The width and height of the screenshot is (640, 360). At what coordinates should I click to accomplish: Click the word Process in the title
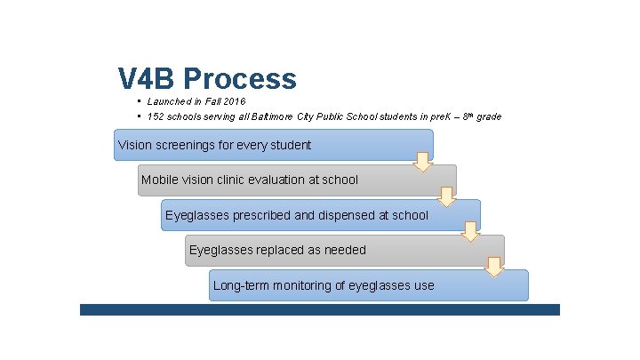tap(241, 79)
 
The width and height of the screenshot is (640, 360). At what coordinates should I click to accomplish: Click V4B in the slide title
tap(147, 79)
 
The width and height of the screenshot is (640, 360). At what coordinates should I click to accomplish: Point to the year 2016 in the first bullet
tap(234, 102)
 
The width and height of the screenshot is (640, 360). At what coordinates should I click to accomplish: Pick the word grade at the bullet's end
tap(488, 116)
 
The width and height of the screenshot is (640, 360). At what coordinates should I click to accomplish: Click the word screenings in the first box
tap(190, 144)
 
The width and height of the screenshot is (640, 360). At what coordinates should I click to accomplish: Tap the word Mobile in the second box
tap(159, 180)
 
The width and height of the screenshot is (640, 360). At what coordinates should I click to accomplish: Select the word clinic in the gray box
tap(234, 180)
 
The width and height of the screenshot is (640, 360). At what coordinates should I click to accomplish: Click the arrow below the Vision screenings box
tap(424, 161)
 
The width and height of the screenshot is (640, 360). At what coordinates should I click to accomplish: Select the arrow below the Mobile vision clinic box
tap(447, 196)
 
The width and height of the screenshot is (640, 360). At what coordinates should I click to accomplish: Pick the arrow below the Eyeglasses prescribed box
tap(471, 231)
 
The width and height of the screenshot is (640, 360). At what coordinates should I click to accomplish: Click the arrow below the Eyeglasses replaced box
tap(495, 267)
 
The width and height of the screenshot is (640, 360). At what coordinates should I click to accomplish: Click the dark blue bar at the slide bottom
tap(319, 309)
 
